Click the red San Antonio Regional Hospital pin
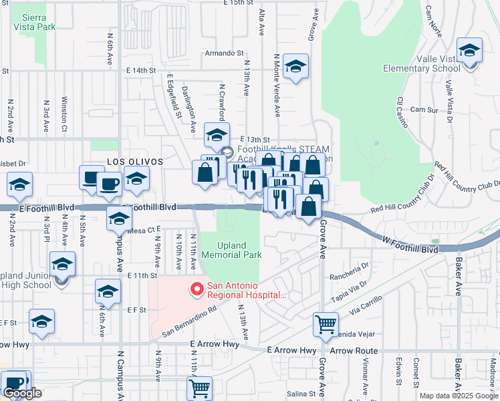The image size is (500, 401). click(x=197, y=289)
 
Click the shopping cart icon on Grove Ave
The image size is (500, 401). click(x=325, y=324)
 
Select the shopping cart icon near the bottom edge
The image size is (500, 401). click(x=200, y=387)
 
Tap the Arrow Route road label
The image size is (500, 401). click(x=354, y=350)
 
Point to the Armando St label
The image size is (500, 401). click(x=224, y=53)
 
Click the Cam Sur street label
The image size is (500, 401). click(x=424, y=110)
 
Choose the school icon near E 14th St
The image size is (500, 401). click(x=295, y=66)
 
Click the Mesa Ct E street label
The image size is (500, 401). click(x=140, y=230)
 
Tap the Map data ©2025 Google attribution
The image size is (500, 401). click(x=459, y=396)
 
